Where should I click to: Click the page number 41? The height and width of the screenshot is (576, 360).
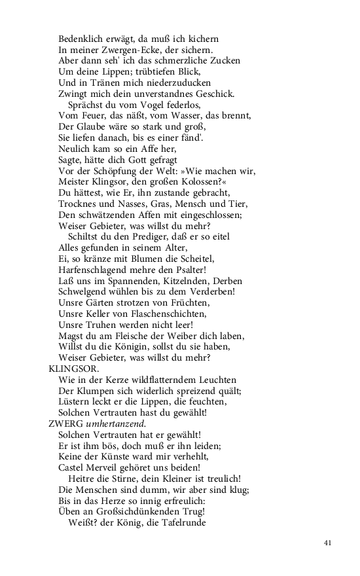(328, 543)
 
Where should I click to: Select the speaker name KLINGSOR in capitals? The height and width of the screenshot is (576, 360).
(71, 369)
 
